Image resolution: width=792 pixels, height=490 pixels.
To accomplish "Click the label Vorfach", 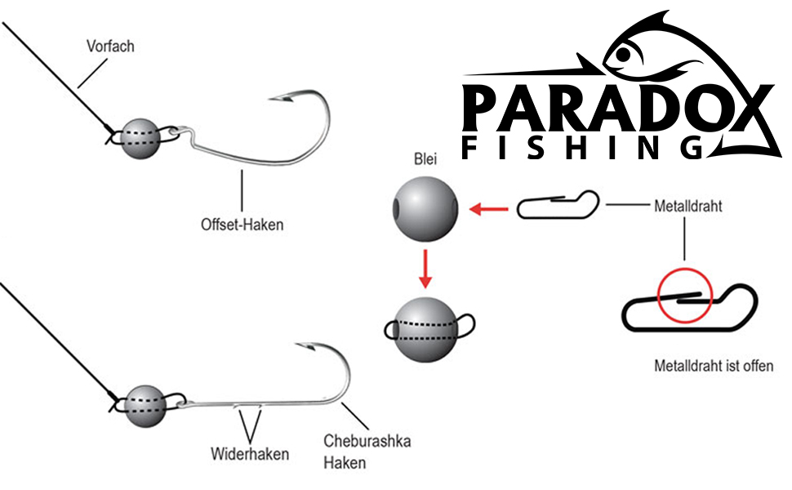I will pyautogui.click(x=109, y=47).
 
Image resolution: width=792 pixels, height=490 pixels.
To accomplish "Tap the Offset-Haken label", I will pyautogui.click(x=242, y=223).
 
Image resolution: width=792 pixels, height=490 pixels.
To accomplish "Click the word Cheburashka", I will pyautogui.click(x=367, y=442).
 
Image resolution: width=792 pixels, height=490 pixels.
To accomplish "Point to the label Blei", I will pyautogui.click(x=425, y=161).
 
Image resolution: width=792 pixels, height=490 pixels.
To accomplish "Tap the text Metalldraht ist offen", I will pyautogui.click(x=714, y=366).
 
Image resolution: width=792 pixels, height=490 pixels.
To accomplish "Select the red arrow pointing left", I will pyautogui.click(x=489, y=211).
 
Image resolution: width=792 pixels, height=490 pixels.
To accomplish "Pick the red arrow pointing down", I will pyautogui.click(x=425, y=269).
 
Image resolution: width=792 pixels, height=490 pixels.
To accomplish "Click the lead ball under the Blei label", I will pyautogui.click(x=425, y=209).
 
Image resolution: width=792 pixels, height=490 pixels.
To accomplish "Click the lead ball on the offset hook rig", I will pyautogui.click(x=140, y=137).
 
